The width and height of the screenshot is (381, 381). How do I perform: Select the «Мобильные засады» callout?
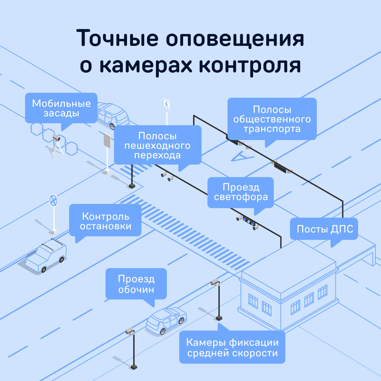point(61,108)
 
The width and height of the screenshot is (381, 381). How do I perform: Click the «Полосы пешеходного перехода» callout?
point(157,145)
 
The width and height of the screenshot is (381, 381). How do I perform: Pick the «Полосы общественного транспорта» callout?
point(272,119)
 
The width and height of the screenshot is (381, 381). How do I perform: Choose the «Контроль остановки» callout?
point(105,221)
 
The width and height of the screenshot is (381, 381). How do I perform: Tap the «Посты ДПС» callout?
point(324,229)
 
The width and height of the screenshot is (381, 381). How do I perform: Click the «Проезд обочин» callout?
point(136,284)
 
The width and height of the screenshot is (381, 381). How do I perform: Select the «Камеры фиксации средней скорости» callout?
point(232,347)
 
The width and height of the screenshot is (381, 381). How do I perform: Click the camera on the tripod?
point(56,138)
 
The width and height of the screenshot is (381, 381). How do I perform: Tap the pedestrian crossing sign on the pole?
point(167,104)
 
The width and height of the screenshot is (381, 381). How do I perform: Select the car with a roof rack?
point(46,256)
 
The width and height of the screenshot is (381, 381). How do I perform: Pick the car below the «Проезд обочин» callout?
point(166,320)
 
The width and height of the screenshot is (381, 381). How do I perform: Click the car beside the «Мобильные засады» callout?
point(113,115)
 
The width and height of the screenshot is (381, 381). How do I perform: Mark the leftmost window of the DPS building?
point(253,301)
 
